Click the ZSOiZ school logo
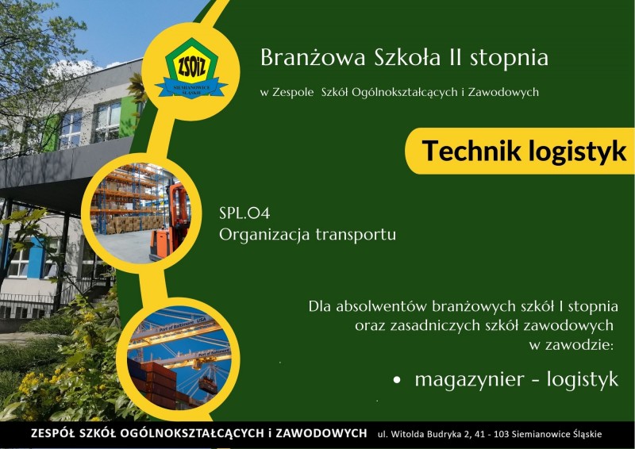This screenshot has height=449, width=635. pyautogui.click(x=190, y=68)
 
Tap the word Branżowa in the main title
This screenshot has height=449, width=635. pyautogui.click(x=313, y=57)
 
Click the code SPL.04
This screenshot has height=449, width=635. pyautogui.click(x=244, y=213)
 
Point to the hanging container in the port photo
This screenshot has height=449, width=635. pyautogui.click(x=208, y=385)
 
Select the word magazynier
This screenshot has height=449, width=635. pyautogui.click(x=469, y=380)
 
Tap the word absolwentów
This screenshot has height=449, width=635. pyautogui.click(x=382, y=306)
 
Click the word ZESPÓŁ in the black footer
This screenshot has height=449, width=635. pyautogui.click(x=52, y=433)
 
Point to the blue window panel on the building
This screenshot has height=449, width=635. pyautogui.click(x=36, y=258)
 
